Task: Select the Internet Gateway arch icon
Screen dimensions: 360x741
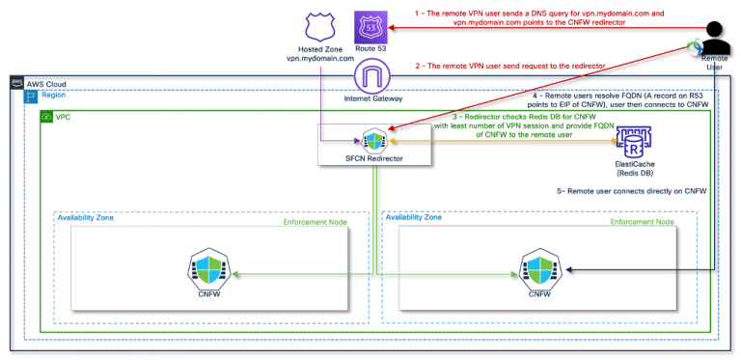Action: point(371,75)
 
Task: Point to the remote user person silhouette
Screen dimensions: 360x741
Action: point(715,39)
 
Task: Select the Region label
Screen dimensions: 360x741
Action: point(54,98)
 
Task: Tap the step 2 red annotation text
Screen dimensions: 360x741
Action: point(509,65)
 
